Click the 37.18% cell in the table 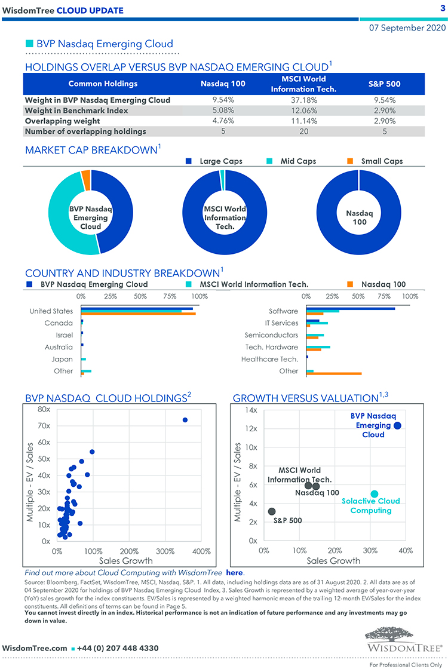[303, 100]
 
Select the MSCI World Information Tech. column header [303, 84]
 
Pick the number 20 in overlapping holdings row [303, 131]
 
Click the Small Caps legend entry [382, 161]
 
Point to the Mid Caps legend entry [298, 161]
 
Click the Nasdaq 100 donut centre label [359, 217]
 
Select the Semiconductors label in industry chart [271, 335]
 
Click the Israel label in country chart [64, 335]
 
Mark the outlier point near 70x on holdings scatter [185, 420]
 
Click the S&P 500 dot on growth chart [272, 511]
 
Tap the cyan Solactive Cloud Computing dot [375, 494]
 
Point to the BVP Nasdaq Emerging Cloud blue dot [398, 425]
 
